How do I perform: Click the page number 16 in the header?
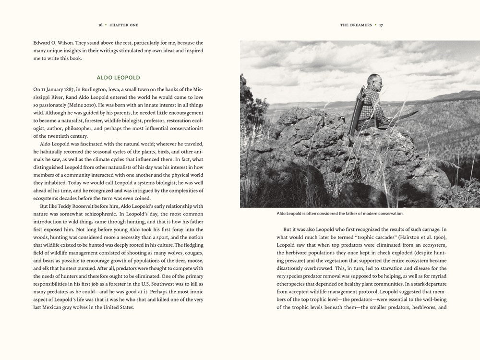(x=100, y=24)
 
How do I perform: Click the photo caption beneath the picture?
(x=340, y=213)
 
